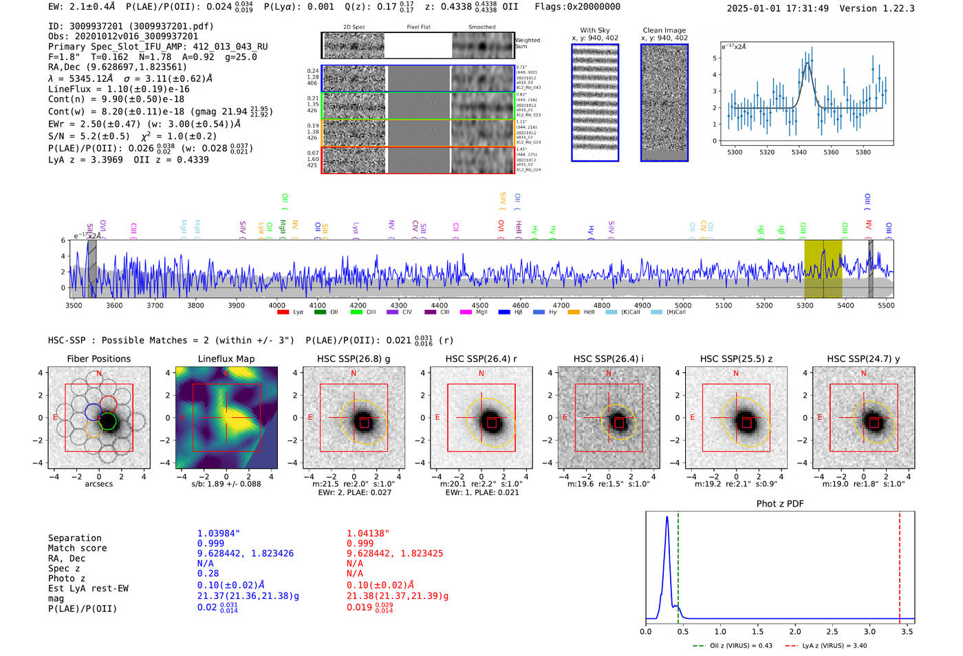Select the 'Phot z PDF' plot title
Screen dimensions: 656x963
pyautogui.click(x=780, y=504)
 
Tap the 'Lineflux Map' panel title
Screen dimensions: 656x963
pyautogui.click(x=226, y=359)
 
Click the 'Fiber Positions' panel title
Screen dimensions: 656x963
pyautogui.click(x=98, y=359)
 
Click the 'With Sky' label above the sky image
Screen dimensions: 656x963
pyautogui.click(x=595, y=30)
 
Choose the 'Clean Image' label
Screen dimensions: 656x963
pyautogui.click(x=664, y=30)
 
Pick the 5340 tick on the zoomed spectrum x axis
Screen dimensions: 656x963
pyautogui.click(x=799, y=152)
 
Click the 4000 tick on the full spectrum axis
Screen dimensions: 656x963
pyautogui.click(x=277, y=306)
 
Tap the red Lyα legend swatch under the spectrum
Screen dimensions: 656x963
pyautogui.click(x=283, y=313)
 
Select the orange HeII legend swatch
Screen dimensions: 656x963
pyautogui.click(x=574, y=313)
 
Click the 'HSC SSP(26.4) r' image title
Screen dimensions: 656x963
pyautogui.click(x=481, y=359)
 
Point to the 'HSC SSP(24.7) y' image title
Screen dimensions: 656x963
pyautogui.click(x=863, y=359)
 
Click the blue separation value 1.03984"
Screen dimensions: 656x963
pyautogui.click(x=218, y=533)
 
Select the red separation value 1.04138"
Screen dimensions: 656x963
pyautogui.click(x=367, y=533)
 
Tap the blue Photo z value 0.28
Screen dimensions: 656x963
pyautogui.click(x=208, y=573)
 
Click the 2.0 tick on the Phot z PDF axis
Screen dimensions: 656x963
pyautogui.click(x=794, y=631)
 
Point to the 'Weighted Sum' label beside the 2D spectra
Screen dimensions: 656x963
pyautogui.click(x=527, y=43)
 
